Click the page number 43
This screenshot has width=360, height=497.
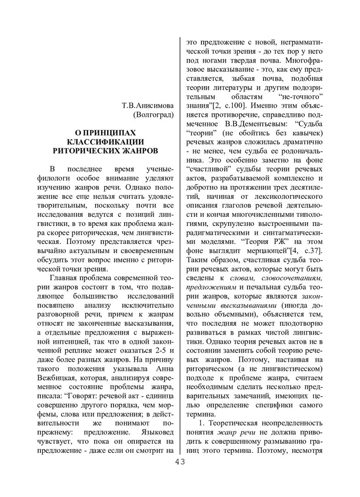coord(180,462)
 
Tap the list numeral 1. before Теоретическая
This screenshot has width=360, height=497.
coord(200,425)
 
